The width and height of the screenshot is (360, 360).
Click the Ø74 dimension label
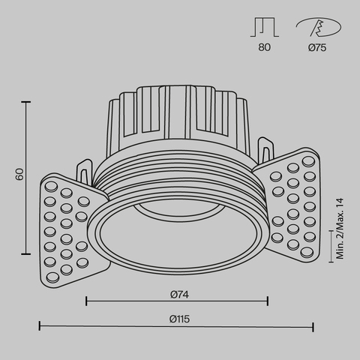(177, 294)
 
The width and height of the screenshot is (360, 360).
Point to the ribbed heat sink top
(177, 112)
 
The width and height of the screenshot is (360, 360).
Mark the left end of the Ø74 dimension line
(87, 301)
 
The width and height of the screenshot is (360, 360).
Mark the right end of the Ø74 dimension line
(268, 301)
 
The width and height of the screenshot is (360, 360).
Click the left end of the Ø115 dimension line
(40, 326)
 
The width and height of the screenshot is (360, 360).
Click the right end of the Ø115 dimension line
(313, 326)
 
